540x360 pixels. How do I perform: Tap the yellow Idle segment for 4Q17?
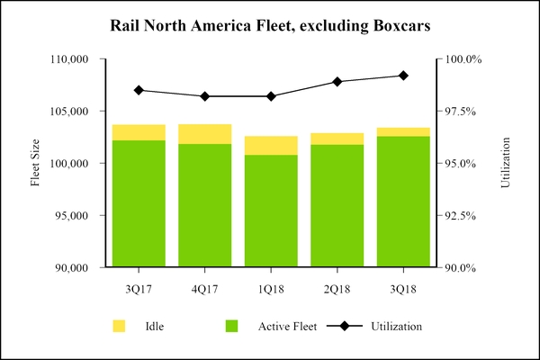204,134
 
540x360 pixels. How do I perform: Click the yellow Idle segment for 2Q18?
337,139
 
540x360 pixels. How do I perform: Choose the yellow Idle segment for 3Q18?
403,132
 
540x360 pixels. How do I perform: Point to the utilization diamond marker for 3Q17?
139,90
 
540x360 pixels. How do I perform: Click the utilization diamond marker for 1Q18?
271,96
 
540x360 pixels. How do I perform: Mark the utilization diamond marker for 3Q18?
403,76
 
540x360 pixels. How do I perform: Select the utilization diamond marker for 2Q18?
337,82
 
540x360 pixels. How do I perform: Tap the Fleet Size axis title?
36,163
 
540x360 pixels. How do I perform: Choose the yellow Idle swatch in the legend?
119,325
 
